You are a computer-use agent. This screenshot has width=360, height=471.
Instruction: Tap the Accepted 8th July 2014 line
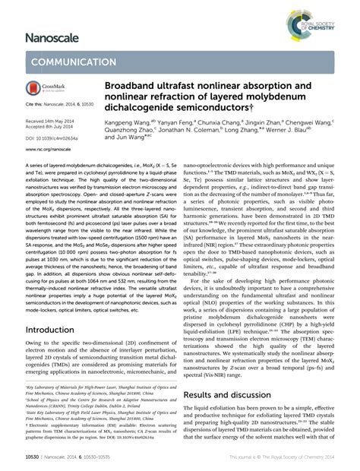[53, 128]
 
